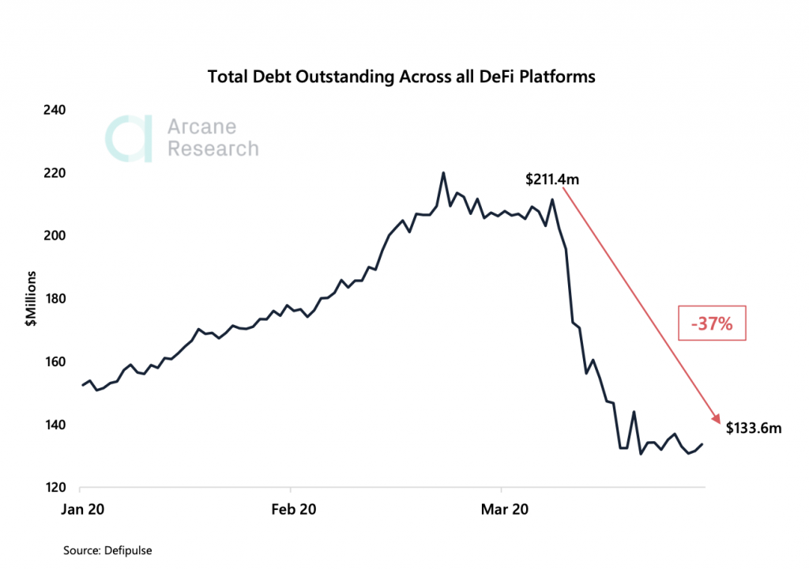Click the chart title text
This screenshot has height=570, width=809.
pos(401,77)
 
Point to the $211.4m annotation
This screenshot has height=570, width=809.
pos(552,179)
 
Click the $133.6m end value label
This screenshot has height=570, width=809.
pos(754,428)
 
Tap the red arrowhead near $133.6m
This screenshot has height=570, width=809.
pos(717,421)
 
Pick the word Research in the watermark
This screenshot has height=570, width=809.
pos(213,149)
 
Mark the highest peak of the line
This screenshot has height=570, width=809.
pos(443,172)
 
